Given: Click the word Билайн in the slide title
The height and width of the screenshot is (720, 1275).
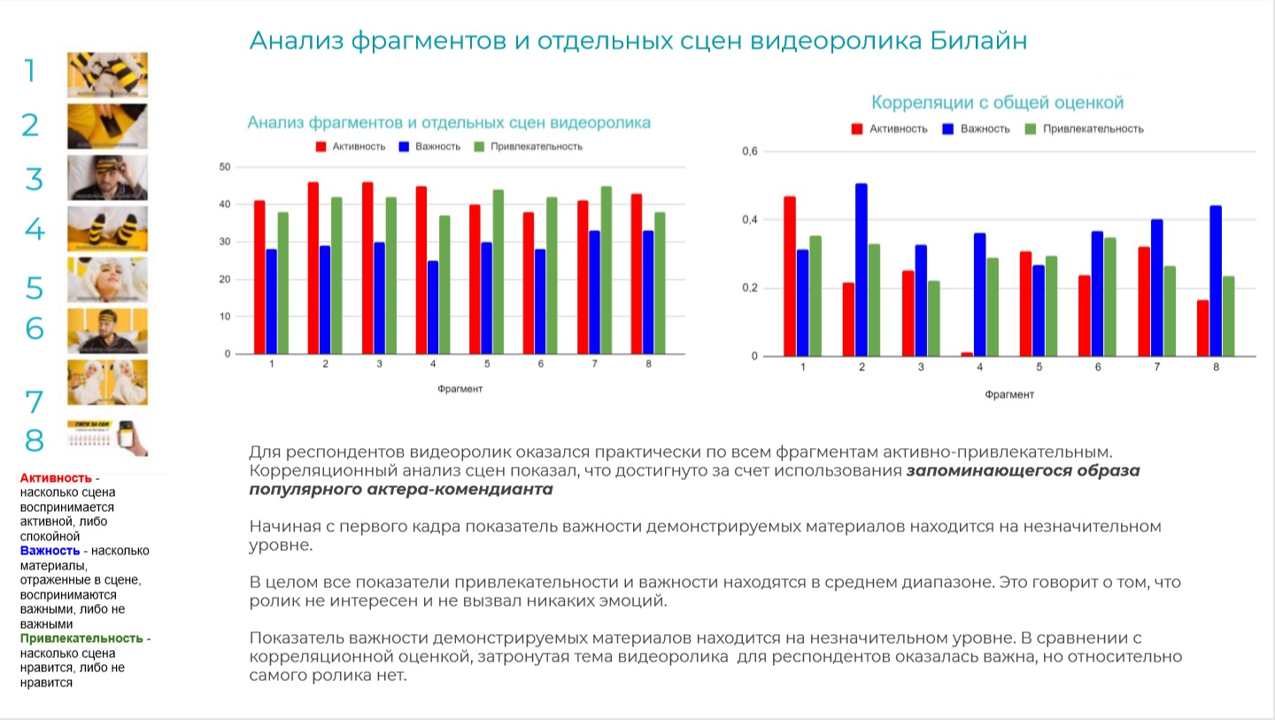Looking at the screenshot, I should [979, 41].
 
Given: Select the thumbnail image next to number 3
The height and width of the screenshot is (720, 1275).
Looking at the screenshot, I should [107, 178].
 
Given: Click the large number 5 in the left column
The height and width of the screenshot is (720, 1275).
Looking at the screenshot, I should [34, 289].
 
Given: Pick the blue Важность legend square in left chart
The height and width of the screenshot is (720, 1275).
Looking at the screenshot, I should [404, 146].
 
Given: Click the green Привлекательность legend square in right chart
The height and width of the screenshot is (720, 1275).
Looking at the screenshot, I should [1030, 129].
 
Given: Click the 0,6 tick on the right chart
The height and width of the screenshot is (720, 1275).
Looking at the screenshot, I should [750, 151].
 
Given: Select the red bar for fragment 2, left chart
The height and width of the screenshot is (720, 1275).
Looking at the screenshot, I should [313, 267].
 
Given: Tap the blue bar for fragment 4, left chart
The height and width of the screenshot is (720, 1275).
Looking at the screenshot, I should [433, 307].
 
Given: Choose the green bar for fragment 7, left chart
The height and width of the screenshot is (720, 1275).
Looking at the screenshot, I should [607, 270].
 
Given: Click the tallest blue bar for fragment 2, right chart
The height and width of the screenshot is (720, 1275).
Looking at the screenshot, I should [862, 270].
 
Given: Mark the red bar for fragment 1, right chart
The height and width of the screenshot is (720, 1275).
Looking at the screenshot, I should [790, 276].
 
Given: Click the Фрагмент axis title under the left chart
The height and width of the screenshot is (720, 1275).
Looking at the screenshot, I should [460, 388].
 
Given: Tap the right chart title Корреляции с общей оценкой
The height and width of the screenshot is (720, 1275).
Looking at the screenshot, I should [997, 103].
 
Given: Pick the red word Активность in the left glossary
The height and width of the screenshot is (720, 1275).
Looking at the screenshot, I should [56, 478].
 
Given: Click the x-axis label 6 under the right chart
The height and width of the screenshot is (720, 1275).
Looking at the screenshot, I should [1098, 367].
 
